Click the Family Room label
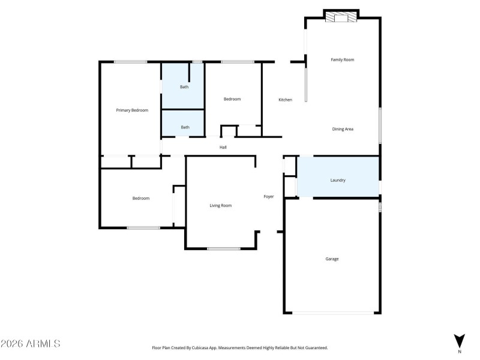tap(343, 60)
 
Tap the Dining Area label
tap(343, 129)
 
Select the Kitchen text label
tap(285, 100)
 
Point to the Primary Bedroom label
tap(132, 110)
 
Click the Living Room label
tap(220, 206)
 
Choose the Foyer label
tap(269, 196)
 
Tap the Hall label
tap(223, 147)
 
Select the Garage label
tap(332, 259)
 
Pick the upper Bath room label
tap(185, 87)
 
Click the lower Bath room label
tap(185, 127)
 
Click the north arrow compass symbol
tap(459, 340)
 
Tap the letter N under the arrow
tap(460, 352)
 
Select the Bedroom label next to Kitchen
tap(232, 99)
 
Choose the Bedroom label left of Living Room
tap(141, 199)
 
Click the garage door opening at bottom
tap(332, 313)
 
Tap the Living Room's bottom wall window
tap(223, 248)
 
